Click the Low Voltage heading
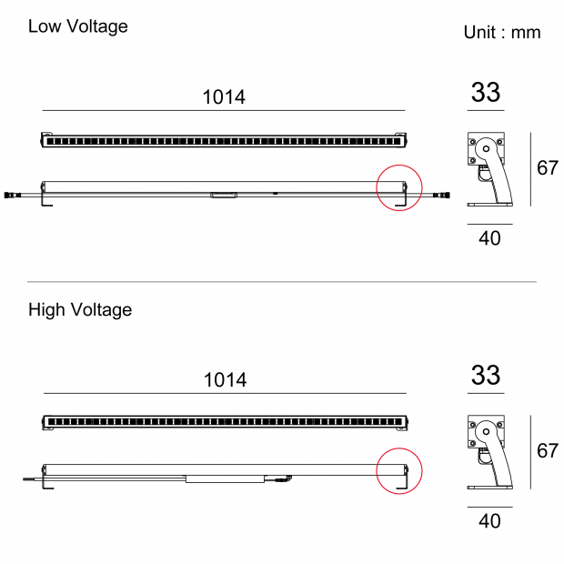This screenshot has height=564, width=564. coord(78,26)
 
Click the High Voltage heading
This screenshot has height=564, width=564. coord(80,309)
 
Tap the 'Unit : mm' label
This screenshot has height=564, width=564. coord(502,33)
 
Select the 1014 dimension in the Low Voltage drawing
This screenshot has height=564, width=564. coord(224,96)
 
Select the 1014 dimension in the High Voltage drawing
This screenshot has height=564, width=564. coord(226,380)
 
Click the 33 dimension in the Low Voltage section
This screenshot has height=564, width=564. coord(486,93)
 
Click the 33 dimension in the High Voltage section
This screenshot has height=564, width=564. coord(486,375)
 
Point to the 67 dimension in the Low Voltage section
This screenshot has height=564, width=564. coord(548,167)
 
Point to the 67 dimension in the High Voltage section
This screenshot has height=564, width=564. coord(548,450)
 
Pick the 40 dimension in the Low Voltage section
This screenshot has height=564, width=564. coord(489,238)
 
